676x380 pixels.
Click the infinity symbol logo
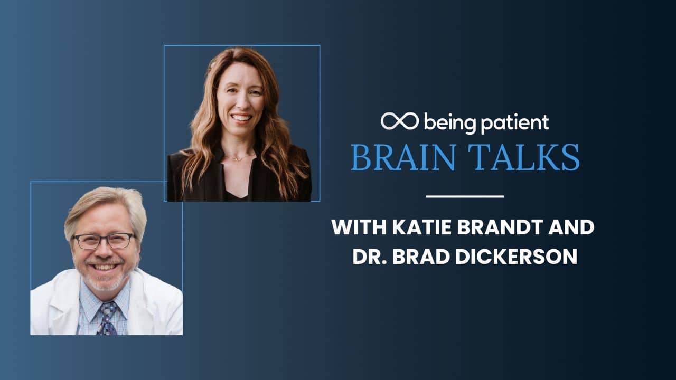400,121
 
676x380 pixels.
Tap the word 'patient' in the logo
515,123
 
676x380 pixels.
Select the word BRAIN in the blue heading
403,157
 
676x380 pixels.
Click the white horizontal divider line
465,197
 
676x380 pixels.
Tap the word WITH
359,227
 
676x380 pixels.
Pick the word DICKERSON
517,256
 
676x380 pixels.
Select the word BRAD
421,256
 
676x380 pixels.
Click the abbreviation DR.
370,256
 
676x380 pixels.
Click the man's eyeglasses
104,241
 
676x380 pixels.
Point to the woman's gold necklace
240,158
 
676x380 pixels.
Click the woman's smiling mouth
241,118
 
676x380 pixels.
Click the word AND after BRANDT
571,227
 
